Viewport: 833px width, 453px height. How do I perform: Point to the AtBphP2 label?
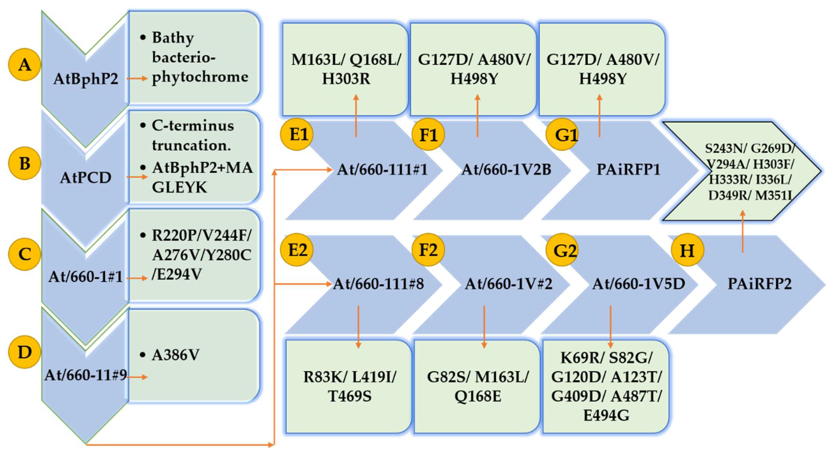[86, 79]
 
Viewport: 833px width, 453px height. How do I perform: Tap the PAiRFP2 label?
[760, 284]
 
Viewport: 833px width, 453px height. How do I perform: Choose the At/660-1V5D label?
[639, 284]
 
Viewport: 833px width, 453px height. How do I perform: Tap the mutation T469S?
[349, 396]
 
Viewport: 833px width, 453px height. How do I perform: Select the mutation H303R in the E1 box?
[346, 79]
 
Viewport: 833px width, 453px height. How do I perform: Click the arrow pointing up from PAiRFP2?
[743, 231]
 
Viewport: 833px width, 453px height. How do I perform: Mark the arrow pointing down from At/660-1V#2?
[484, 327]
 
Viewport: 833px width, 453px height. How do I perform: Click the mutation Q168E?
[478, 396]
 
